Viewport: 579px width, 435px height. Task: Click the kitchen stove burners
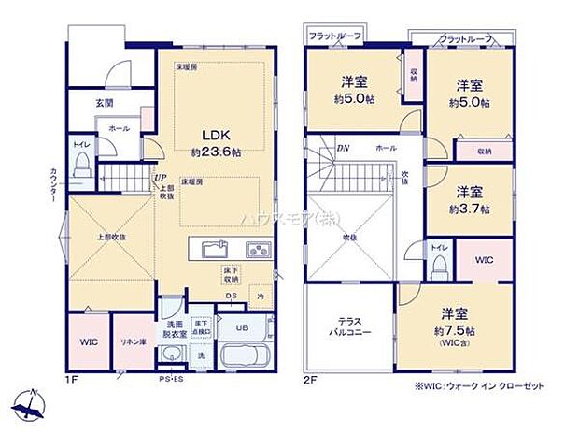(x=259, y=250)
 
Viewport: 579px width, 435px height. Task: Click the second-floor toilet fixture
(x=438, y=265)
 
